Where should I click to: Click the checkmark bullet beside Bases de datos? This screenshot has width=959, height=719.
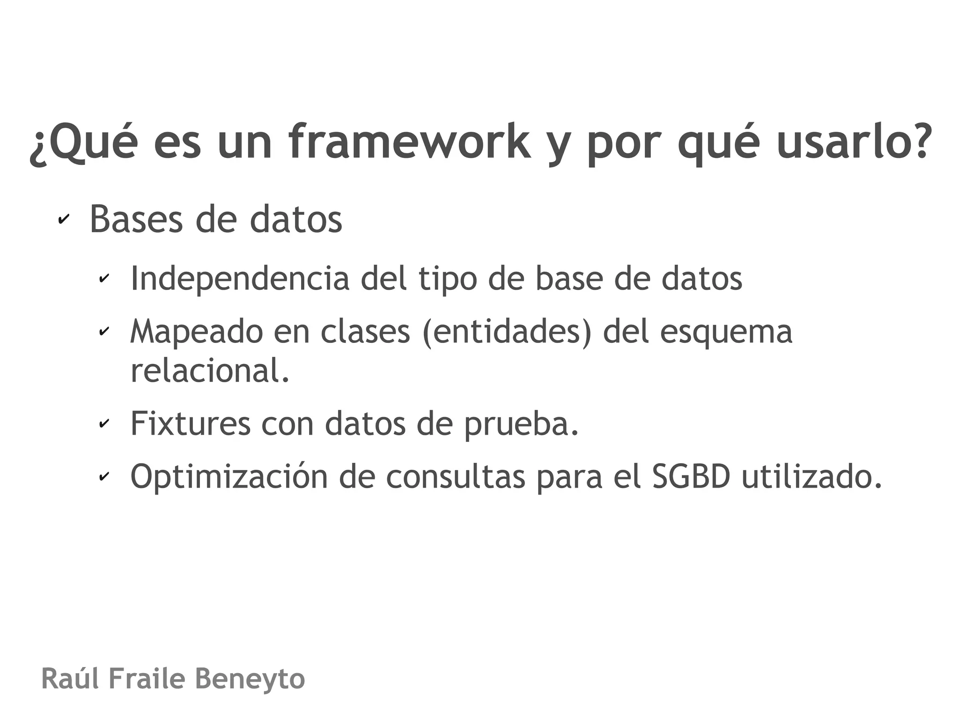63,219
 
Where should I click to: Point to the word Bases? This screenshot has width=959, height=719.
136,219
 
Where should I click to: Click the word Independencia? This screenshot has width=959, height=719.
240,278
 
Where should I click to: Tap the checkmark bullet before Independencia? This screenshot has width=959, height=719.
103,279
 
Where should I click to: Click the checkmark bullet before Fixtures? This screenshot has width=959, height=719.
103,424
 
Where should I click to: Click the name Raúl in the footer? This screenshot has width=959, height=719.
70,679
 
